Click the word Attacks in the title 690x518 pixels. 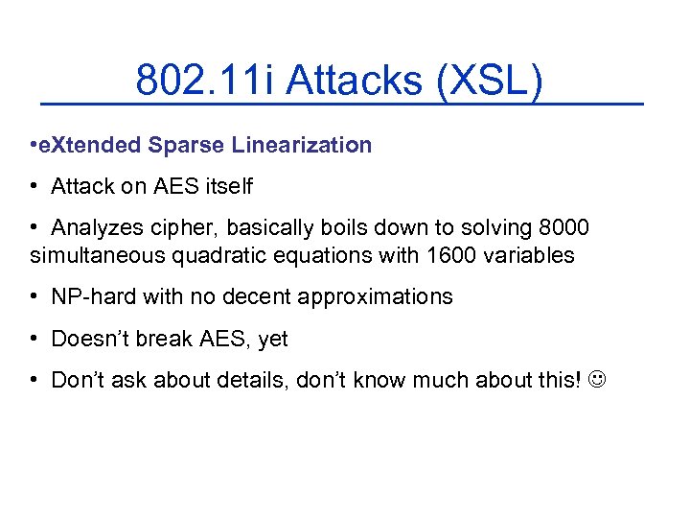click(x=355, y=81)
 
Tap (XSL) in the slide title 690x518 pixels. click(x=490, y=81)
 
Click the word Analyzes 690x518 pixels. click(x=97, y=228)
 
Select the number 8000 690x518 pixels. click(x=564, y=228)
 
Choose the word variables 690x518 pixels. click(x=530, y=255)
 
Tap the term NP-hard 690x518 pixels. click(x=93, y=297)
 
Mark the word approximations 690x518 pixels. click(x=375, y=297)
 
